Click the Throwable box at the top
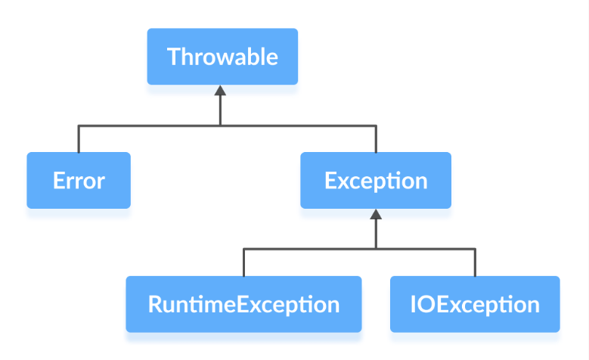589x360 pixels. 222,57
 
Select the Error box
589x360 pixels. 79,180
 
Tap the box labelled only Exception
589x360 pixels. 376,180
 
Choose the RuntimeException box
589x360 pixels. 243,304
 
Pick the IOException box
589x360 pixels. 475,304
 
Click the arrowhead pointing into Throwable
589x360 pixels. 220,92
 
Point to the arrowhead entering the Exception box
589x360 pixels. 376,216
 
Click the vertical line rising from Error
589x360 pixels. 79,139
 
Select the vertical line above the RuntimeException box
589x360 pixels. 243,262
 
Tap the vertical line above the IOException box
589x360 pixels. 475,262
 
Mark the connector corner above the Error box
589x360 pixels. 79,126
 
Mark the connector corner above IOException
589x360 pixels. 475,249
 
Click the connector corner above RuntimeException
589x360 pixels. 243,249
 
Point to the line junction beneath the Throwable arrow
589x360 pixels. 220,126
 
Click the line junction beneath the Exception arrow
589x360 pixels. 376,249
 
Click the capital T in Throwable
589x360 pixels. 173,57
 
